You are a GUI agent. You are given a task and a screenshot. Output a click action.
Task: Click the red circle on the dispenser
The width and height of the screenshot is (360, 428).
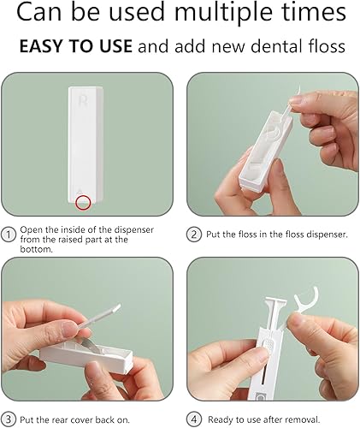coord(83,202)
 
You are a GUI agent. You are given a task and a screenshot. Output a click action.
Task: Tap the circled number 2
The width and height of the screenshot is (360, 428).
coord(193,234)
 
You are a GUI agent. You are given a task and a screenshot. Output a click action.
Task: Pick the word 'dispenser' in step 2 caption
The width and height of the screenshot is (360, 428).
coord(313,234)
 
